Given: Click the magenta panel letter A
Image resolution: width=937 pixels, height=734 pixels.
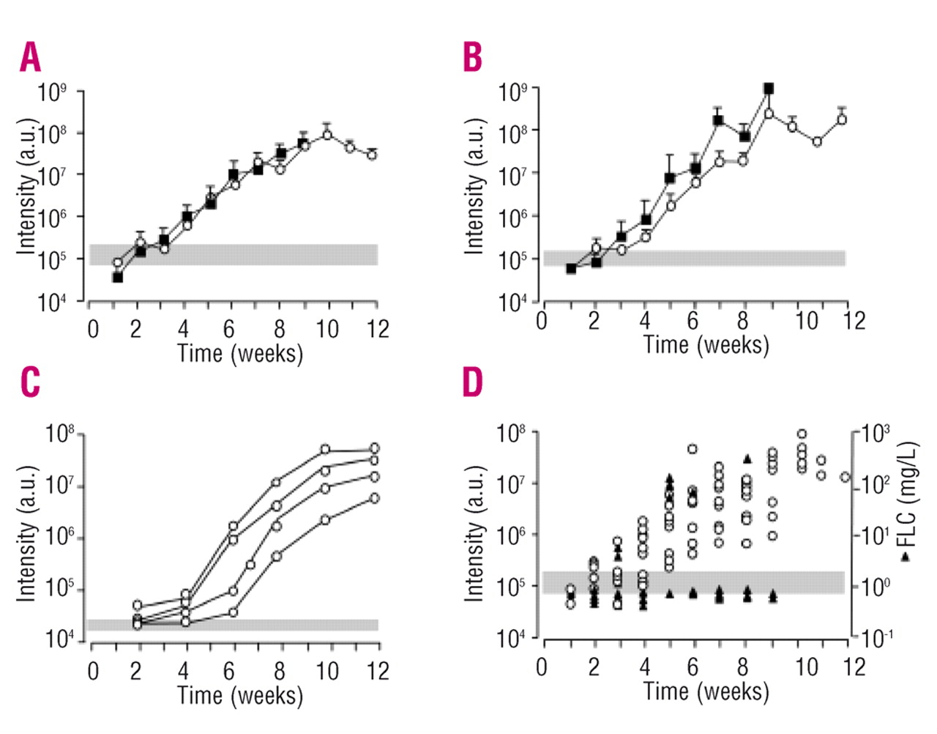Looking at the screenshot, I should pos(30,58).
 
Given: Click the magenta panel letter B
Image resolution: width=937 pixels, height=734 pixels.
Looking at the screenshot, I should pos(473,57).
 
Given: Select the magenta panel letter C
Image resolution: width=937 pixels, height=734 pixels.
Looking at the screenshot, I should pos(30,382).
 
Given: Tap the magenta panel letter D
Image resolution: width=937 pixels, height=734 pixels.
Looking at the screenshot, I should pos(474,382).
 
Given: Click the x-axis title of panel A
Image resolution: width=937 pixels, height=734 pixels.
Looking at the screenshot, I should pos(240,353).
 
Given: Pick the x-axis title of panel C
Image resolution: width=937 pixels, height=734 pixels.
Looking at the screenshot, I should pos(240,694).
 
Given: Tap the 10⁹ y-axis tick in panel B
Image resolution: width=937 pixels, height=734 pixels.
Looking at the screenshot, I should pos(513,92).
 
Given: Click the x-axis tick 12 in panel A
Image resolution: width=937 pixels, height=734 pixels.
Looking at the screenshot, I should pos(378,329).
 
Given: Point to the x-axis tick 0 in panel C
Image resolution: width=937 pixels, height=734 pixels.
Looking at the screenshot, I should pos(93,671).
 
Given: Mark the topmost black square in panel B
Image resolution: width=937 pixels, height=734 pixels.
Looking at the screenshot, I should pos(769,89).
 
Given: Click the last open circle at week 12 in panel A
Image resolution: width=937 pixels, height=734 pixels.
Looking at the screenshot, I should pos(372,155).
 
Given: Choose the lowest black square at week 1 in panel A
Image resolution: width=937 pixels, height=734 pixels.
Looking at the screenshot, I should pos(117,277).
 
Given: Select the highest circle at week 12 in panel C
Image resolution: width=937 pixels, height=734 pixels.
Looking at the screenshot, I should pos(374,448).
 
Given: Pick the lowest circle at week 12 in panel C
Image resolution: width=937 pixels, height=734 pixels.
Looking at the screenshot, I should pos(374,498).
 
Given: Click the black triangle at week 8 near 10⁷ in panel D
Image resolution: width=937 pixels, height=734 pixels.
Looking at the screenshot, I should pos(747,459).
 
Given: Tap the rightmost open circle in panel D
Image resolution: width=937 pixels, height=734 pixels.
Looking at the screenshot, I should pos(845,477).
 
